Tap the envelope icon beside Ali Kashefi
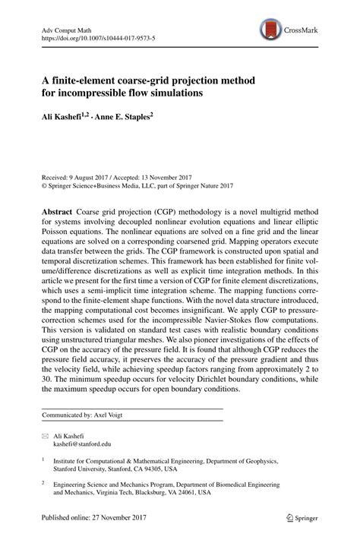tap(45, 437)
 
